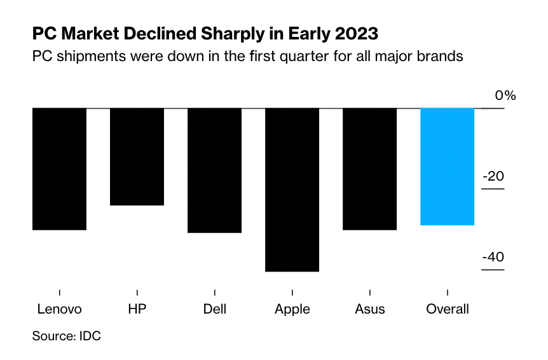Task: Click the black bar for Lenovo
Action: (59, 169)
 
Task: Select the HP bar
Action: (137, 156)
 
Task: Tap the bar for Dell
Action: (214, 170)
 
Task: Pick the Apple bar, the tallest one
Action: (292, 190)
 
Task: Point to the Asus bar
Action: (369, 169)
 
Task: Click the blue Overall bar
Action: (448, 167)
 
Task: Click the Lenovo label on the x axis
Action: (59, 310)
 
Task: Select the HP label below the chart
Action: (137, 310)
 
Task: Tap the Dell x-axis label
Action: (214, 310)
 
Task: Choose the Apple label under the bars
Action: (292, 310)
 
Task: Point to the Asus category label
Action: (369, 310)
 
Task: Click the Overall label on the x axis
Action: (448, 310)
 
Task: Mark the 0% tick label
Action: (505, 95)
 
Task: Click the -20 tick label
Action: (493, 176)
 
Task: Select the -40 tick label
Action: (493, 258)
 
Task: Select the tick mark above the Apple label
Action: (292, 292)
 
